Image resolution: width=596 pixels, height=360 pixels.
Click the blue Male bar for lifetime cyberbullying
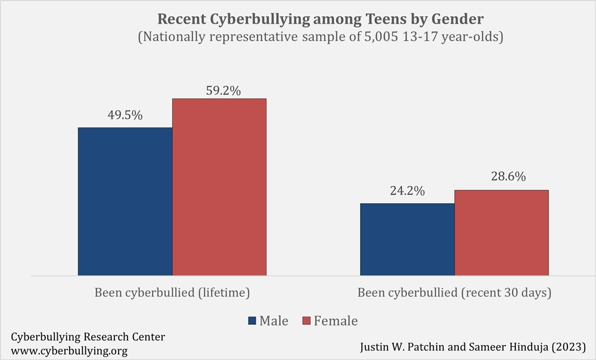pos(125,201)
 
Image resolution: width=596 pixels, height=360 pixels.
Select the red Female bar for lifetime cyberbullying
pos(219,187)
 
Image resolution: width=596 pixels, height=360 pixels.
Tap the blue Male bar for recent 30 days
pos(407,240)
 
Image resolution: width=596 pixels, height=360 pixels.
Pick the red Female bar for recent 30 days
pos(501,233)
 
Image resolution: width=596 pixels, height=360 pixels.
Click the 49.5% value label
pos(125,116)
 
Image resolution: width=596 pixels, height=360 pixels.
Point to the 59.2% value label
pos(219,91)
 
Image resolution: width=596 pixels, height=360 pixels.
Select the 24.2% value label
pos(407,191)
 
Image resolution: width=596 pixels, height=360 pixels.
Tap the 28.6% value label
pos(501,177)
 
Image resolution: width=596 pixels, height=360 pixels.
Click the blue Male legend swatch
pos(252,321)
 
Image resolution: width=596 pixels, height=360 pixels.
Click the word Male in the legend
pos(274,321)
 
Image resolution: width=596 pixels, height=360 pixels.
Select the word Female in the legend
pos(336,321)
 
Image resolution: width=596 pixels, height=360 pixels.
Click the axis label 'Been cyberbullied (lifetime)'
pos(172,293)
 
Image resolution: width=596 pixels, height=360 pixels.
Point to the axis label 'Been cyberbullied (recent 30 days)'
pos(454,293)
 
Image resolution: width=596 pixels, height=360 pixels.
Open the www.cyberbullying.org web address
pos(69,350)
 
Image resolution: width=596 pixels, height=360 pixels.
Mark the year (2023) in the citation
pos(569,346)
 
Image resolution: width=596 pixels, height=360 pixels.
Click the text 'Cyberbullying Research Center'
pos(88,337)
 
